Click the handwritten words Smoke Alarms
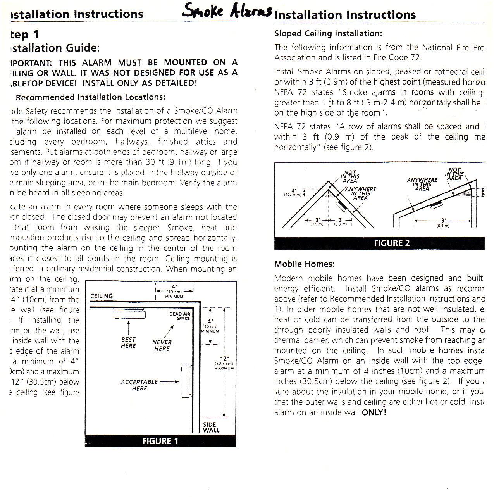coord(227,11)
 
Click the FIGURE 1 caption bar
coord(160,441)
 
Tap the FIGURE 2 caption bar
coord(391,243)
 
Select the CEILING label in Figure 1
coord(102,296)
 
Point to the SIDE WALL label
coord(211,427)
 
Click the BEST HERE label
coord(128,343)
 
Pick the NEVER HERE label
coord(162,345)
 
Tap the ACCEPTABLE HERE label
coord(139,385)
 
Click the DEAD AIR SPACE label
coord(180,316)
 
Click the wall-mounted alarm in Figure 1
coord(186,381)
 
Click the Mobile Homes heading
coord(304,264)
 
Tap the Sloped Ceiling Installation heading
coord(328,34)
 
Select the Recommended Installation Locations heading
coord(90,97)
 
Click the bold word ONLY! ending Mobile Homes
coord(374,412)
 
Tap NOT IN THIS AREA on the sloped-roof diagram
coord(454,174)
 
